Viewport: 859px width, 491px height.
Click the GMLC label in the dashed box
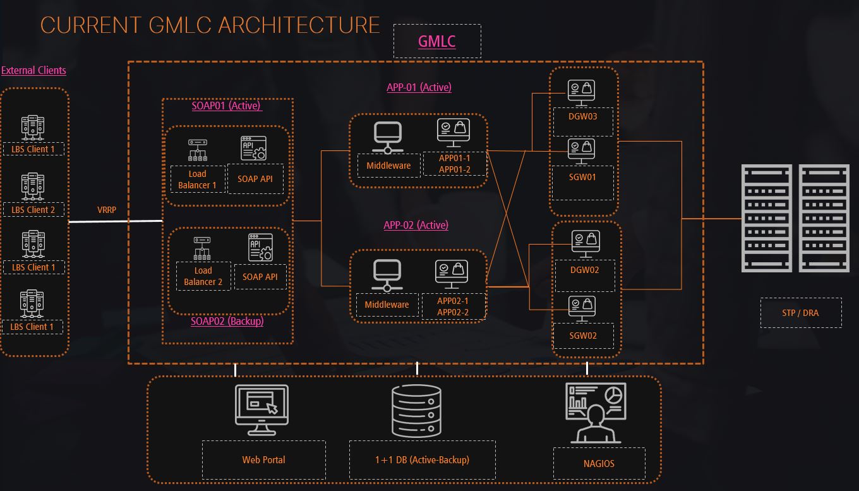click(436, 42)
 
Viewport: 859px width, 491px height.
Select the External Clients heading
click(33, 70)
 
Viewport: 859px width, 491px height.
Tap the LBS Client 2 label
click(33, 210)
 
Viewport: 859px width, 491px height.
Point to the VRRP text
click(107, 210)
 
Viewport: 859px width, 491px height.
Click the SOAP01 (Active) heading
click(226, 106)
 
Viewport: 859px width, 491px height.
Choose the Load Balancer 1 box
click(197, 179)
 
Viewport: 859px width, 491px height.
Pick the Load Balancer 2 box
click(203, 276)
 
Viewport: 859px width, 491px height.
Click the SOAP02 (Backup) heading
click(227, 321)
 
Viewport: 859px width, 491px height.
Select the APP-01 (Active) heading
click(419, 87)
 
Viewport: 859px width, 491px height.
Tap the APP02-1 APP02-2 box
click(453, 306)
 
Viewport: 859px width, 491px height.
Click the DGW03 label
click(583, 117)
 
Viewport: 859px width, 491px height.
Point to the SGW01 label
click(582, 177)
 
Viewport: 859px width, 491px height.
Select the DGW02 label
click(584, 270)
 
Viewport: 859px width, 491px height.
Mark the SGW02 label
click(583, 336)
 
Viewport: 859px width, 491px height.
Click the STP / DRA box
click(800, 313)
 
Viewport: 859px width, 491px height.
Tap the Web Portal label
click(263, 459)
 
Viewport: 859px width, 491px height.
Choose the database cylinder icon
click(416, 411)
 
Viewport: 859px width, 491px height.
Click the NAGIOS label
click(599, 463)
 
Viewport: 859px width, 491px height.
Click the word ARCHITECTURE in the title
click(299, 25)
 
